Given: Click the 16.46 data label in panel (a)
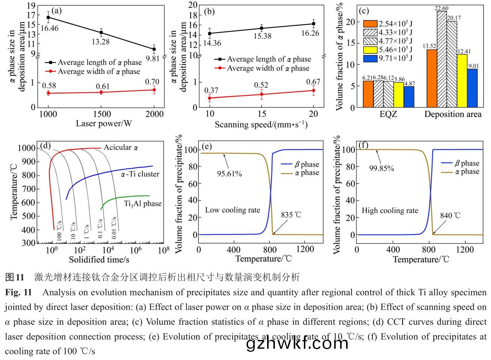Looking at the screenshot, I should (50, 28).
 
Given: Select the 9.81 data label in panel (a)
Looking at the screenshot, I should (153, 58).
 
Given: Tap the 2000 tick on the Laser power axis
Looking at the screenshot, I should (154, 114).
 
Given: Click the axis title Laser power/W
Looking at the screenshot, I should (104, 124).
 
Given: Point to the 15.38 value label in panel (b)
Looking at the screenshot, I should (261, 36).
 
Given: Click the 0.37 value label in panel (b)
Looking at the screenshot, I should (212, 90).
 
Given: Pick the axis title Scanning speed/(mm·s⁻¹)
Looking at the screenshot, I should (261, 124).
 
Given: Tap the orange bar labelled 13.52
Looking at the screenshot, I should (432, 78).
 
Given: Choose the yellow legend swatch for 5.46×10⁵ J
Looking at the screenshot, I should (370, 49).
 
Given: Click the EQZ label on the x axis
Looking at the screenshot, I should (388, 114).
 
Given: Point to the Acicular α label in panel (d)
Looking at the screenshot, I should (121, 148).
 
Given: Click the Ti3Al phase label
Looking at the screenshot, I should (143, 204).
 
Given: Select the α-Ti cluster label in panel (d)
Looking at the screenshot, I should (140, 174).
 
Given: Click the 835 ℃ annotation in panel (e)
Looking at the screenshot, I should (291, 215).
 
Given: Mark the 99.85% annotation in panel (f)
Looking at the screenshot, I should (381, 169).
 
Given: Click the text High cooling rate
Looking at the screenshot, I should (390, 211).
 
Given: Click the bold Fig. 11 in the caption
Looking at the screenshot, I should (18, 292).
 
